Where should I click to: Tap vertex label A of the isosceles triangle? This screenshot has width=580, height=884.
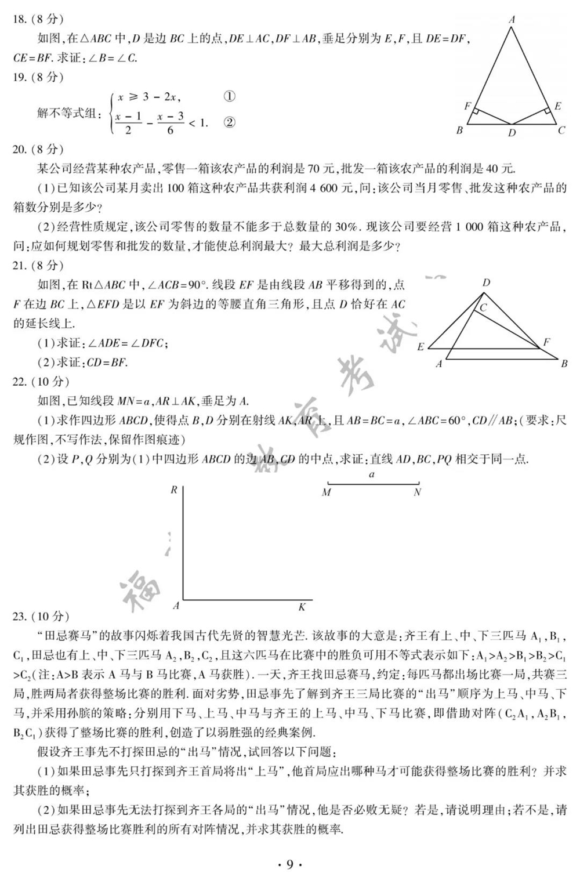point(512,20)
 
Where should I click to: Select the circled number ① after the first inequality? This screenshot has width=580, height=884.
point(229,96)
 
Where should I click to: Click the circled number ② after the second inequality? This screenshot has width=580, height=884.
point(229,122)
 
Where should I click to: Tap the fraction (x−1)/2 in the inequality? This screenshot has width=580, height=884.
point(128,123)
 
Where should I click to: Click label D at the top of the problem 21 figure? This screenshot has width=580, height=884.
point(486,283)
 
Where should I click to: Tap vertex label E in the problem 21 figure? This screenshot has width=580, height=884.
point(420,347)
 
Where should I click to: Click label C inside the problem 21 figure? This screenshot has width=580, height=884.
point(483,308)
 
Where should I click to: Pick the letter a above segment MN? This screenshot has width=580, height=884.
point(372,474)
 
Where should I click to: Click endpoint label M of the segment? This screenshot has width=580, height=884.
point(326,492)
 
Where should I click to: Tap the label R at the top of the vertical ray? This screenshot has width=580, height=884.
point(173,490)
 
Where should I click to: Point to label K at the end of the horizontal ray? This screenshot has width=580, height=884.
point(302,607)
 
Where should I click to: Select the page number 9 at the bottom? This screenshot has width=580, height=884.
point(289,865)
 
